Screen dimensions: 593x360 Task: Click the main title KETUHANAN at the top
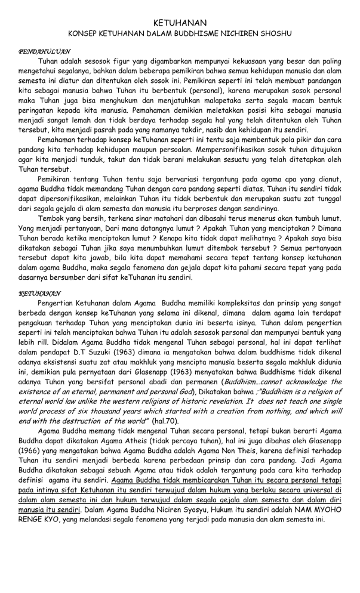click(180, 22)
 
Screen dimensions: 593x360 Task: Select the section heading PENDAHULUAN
click(45, 52)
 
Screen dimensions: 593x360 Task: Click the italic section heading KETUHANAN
click(40, 294)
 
